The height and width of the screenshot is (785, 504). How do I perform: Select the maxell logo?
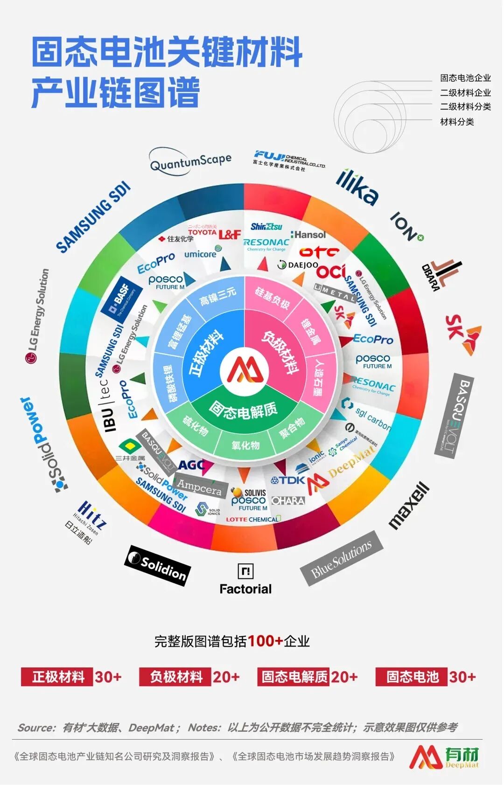(x=409, y=506)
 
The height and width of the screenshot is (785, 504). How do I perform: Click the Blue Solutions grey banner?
(x=342, y=558)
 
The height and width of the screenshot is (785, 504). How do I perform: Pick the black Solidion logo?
(x=158, y=565)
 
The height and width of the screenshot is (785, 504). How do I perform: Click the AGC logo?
(x=192, y=465)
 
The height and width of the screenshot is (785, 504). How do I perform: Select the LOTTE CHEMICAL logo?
(x=252, y=519)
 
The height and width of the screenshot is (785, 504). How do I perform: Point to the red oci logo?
(x=331, y=271)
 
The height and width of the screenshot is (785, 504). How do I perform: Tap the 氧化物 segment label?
(x=245, y=445)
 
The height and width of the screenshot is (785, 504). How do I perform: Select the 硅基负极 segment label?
(x=272, y=298)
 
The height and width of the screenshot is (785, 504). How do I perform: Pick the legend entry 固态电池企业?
(x=465, y=78)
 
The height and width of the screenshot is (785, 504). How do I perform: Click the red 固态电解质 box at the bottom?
(x=294, y=677)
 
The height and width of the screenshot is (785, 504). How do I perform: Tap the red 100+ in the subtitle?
(x=265, y=641)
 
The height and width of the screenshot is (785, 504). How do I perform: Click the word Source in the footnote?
(x=36, y=728)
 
